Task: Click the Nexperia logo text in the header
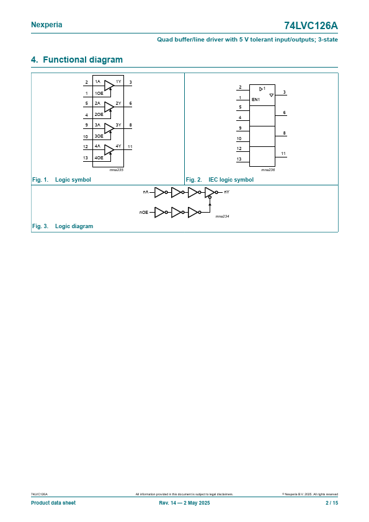tap(47, 25)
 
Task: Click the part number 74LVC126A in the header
tap(311, 25)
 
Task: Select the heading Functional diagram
tap(82, 60)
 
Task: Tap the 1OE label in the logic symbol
tap(99, 94)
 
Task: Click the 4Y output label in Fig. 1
tap(118, 146)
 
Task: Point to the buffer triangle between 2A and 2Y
tap(109, 107)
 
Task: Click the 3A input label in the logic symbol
tap(97, 125)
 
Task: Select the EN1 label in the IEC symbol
tap(256, 100)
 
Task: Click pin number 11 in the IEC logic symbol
tap(283, 154)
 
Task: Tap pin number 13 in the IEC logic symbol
tap(239, 159)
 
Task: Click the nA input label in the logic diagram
tap(146, 192)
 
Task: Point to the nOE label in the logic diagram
tap(144, 213)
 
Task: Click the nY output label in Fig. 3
tap(227, 192)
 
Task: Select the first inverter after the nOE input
tap(161, 213)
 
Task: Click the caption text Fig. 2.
tap(194, 180)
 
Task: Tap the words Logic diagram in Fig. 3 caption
tap(74, 226)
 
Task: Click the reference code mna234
tap(222, 216)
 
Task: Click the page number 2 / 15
tap(332, 503)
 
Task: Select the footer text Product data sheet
tap(53, 503)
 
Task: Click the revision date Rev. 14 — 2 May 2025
tap(185, 503)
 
